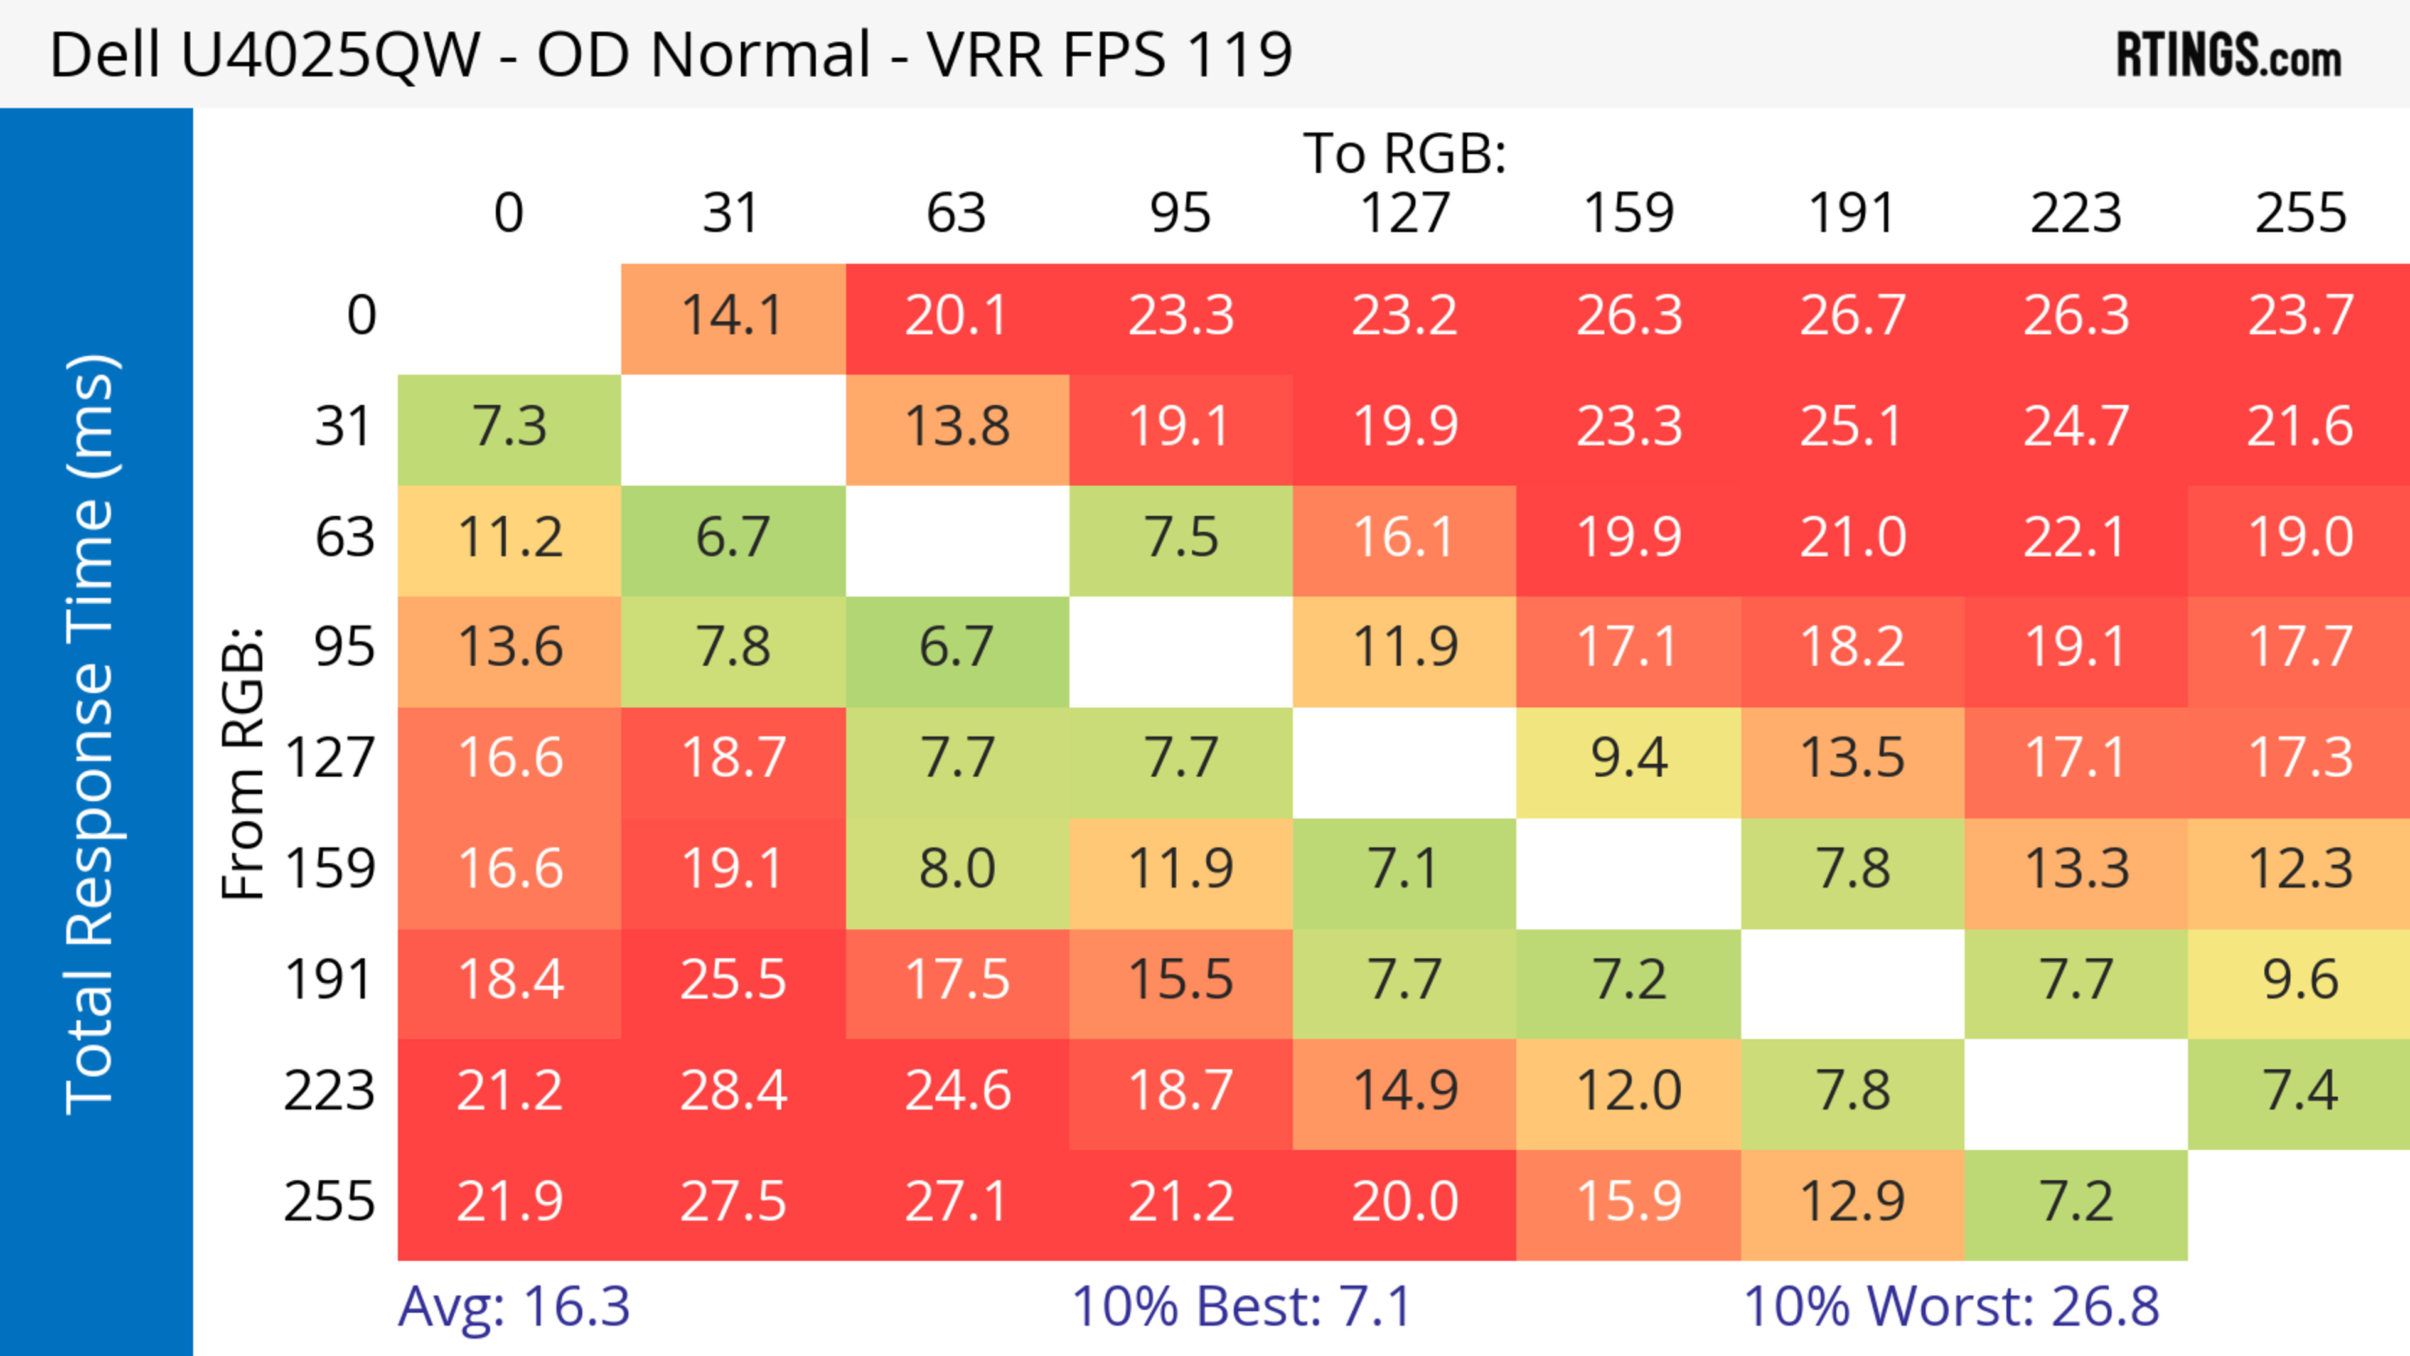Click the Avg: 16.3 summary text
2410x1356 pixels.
[513, 1306]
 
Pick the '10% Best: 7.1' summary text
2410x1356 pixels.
[1241, 1306]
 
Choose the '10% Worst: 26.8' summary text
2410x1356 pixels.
[1951, 1306]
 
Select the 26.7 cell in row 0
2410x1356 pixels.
[1853, 316]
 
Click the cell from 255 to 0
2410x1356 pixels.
[510, 1202]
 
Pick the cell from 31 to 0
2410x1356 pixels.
[510, 427]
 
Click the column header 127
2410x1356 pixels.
[1405, 213]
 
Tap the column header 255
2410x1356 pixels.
[2300, 213]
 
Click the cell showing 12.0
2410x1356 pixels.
[1629, 1091]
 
